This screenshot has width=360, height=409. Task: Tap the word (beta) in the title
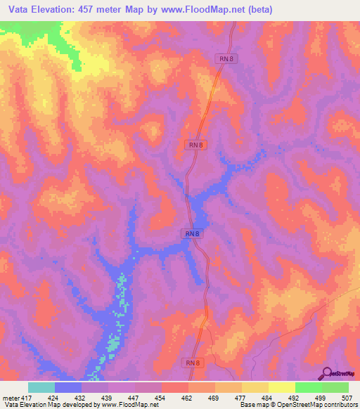[x=256, y=10]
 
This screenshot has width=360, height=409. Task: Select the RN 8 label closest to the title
[x=224, y=60]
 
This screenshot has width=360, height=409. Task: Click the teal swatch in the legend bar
[x=41, y=387]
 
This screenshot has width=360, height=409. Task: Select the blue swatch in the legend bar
[x=68, y=387]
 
